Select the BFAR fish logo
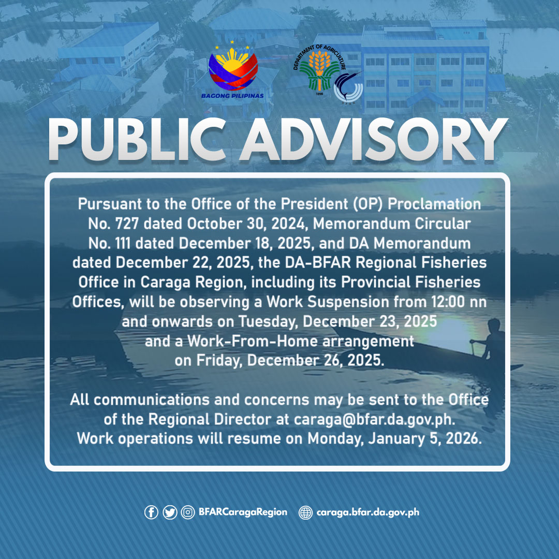pos(348,87)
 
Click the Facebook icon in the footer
pos(151,512)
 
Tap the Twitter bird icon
pos(169,512)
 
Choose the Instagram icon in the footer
pos(187,512)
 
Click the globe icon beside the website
pos(306,512)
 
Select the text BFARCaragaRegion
pos(243,512)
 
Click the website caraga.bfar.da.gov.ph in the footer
pos(367,512)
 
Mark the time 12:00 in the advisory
pos(448,301)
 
